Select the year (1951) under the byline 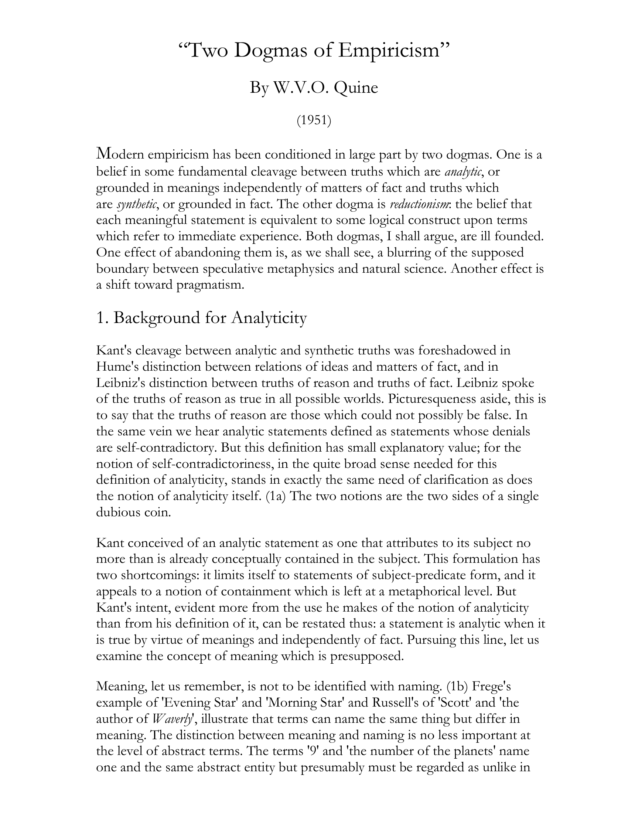point(314,120)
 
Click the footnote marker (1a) point(276,496)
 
